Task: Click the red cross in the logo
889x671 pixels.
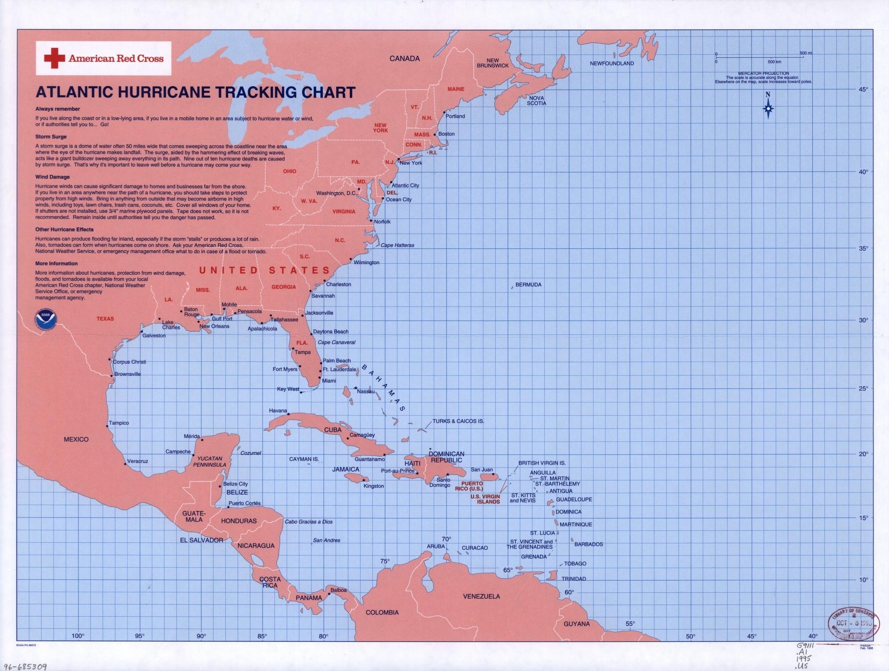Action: pyautogui.click(x=54, y=58)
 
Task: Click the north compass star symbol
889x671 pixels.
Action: pyautogui.click(x=768, y=109)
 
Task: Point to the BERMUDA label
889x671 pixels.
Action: pyautogui.click(x=528, y=285)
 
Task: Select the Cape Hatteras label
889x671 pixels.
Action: pyautogui.click(x=397, y=245)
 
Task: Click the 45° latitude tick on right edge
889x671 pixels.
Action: pyautogui.click(x=863, y=89)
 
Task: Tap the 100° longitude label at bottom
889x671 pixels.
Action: pyautogui.click(x=78, y=636)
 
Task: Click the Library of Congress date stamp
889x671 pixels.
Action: pyautogui.click(x=851, y=623)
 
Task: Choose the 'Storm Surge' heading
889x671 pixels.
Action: pyautogui.click(x=51, y=137)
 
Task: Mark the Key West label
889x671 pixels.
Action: pyautogui.click(x=288, y=389)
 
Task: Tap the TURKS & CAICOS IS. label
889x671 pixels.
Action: pyautogui.click(x=458, y=421)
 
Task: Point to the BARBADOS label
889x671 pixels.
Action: pyautogui.click(x=589, y=544)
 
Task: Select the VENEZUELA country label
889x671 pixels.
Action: pyautogui.click(x=481, y=596)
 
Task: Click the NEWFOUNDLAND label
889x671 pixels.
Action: pyautogui.click(x=611, y=63)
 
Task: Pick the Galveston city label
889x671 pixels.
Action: pyautogui.click(x=154, y=335)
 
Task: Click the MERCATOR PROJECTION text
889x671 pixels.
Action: pyautogui.click(x=763, y=73)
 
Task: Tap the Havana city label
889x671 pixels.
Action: pyautogui.click(x=278, y=411)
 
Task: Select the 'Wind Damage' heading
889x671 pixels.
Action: pyautogui.click(x=52, y=177)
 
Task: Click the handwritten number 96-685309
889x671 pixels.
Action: pyautogui.click(x=25, y=666)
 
